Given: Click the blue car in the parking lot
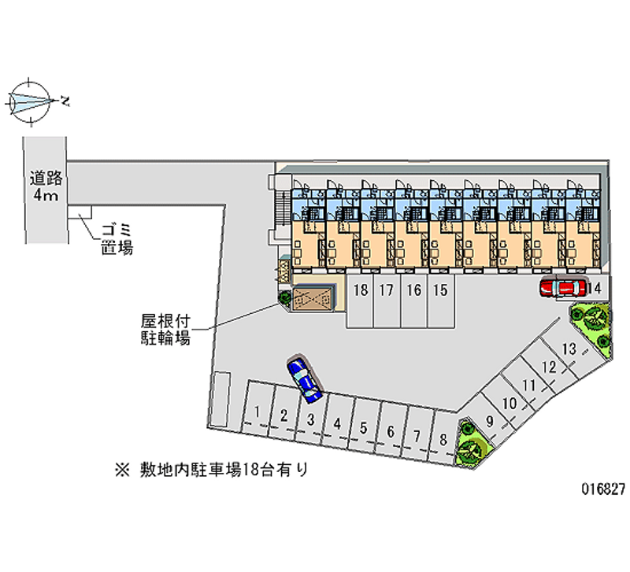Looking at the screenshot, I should [304, 376].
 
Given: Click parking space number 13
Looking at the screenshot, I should [569, 350].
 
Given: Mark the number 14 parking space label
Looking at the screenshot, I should [595, 289].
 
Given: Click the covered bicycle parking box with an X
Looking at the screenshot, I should [313, 297].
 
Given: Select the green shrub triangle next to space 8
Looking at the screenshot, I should [472, 445].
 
